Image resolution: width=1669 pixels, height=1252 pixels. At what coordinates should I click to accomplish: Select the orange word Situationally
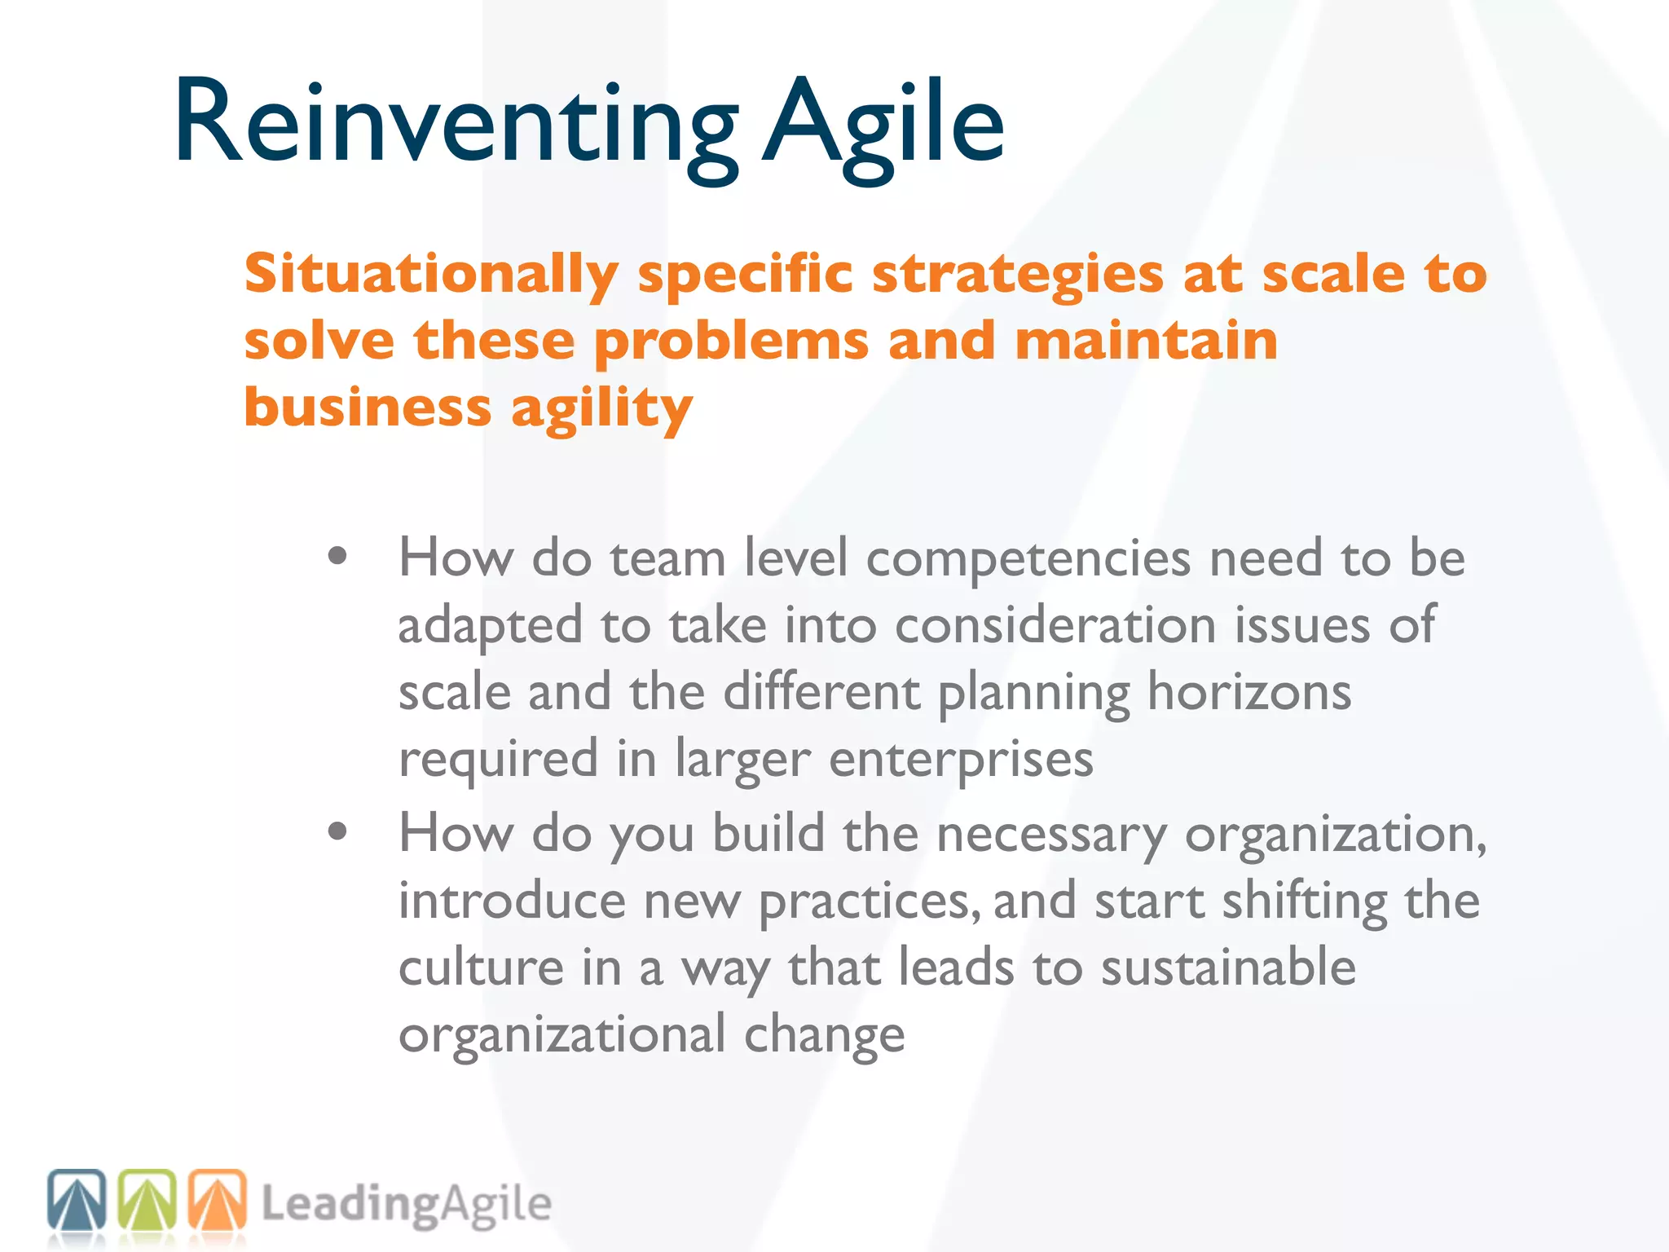pyautogui.click(x=431, y=274)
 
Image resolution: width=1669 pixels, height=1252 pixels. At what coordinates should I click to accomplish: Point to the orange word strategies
pyautogui.click(x=1018, y=276)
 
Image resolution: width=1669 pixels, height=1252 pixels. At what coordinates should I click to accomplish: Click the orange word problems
pyautogui.click(x=731, y=342)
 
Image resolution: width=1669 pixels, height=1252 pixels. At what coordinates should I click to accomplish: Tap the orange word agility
pyautogui.click(x=602, y=409)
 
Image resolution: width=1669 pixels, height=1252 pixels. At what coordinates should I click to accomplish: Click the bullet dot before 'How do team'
pyautogui.click(x=337, y=558)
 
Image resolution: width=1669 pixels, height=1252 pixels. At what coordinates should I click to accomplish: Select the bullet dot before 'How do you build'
pyautogui.click(x=337, y=832)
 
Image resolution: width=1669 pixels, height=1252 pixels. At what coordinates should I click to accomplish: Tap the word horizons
pyautogui.click(x=1249, y=692)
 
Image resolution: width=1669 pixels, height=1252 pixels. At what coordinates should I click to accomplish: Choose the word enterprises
pyautogui.click(x=962, y=760)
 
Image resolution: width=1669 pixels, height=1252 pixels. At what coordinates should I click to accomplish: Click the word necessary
pyautogui.click(x=1052, y=835)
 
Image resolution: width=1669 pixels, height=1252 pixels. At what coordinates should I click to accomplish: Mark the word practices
pyautogui.click(x=869, y=902)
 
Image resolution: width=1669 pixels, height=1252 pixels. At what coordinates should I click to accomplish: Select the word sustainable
pyautogui.click(x=1228, y=968)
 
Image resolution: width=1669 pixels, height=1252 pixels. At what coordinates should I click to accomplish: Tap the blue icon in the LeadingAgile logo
pyautogui.click(x=77, y=1200)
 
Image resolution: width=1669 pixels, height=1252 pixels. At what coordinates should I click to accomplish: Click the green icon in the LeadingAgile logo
pyautogui.click(x=148, y=1200)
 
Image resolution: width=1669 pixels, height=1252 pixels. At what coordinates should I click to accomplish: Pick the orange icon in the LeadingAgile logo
pyautogui.click(x=218, y=1200)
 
